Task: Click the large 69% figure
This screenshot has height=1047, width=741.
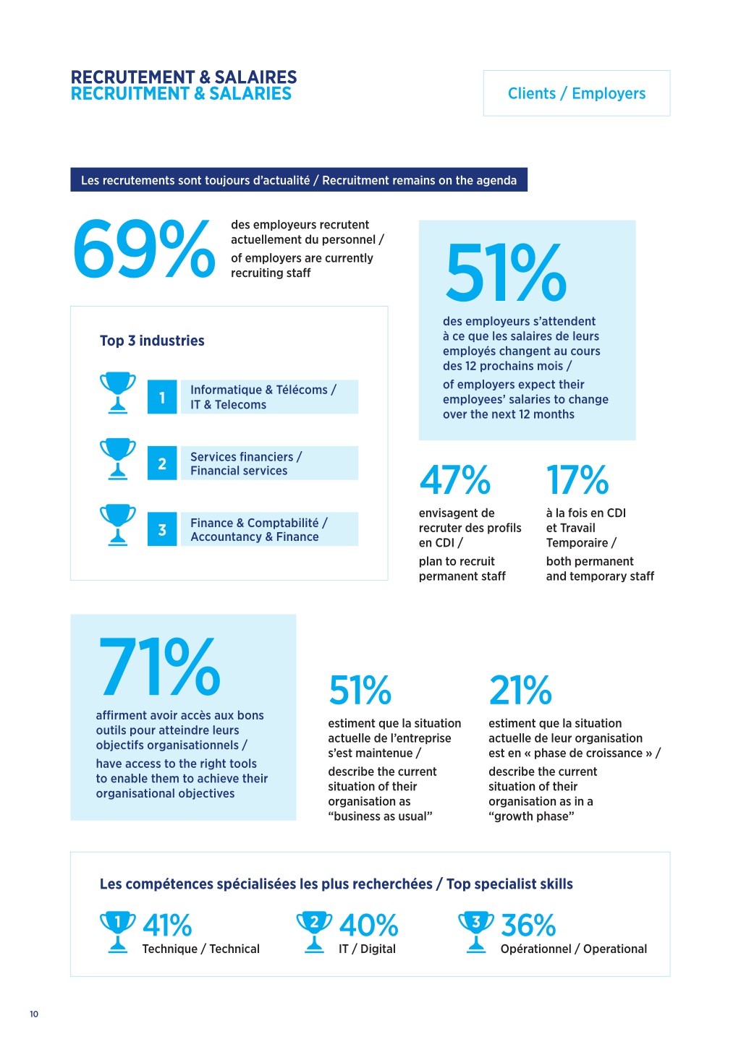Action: click(x=144, y=249)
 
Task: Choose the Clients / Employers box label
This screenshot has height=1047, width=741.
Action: click(x=576, y=93)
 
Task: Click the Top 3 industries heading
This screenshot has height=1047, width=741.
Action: click(x=152, y=341)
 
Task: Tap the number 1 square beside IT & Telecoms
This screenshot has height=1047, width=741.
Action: click(x=162, y=397)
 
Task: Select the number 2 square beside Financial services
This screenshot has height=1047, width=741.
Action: click(x=162, y=463)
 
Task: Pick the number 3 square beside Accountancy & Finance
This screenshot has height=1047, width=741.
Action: click(x=162, y=529)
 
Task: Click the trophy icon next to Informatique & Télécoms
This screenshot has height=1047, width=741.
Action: click(x=118, y=393)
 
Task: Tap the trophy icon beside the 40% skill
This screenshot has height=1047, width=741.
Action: click(x=314, y=931)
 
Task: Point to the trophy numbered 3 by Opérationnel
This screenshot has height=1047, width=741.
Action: click(x=476, y=931)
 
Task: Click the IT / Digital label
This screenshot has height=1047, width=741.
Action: click(x=367, y=949)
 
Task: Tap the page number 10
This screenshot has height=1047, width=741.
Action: click(x=34, y=1014)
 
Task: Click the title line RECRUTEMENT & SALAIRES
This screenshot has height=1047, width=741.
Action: click(x=184, y=77)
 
